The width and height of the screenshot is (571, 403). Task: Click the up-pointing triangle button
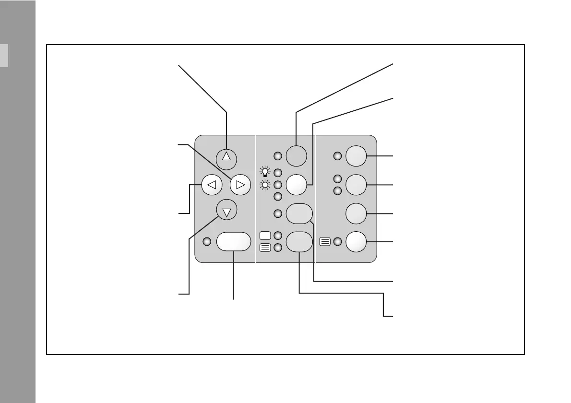[x=227, y=157]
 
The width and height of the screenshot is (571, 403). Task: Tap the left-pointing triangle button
[x=212, y=184]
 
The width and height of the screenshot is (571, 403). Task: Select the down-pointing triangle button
[x=227, y=211]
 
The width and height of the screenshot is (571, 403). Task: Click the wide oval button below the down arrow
[x=234, y=242]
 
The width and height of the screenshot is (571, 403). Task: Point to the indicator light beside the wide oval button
[x=206, y=242]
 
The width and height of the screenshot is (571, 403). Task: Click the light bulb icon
[x=264, y=171]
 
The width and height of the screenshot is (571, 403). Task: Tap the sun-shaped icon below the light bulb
[x=264, y=185]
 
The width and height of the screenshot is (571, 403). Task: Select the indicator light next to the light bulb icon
[x=277, y=172]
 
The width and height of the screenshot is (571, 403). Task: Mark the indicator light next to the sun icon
[x=277, y=185]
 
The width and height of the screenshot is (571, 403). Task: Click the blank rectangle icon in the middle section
[x=264, y=236]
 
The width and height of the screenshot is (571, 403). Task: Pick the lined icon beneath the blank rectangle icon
[x=264, y=248]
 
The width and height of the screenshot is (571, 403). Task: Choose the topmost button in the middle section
[x=296, y=155]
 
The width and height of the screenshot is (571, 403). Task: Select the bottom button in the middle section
[x=299, y=242]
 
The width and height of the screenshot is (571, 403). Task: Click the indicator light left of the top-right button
[x=337, y=156]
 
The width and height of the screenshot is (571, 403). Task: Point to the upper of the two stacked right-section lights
[x=337, y=178]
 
